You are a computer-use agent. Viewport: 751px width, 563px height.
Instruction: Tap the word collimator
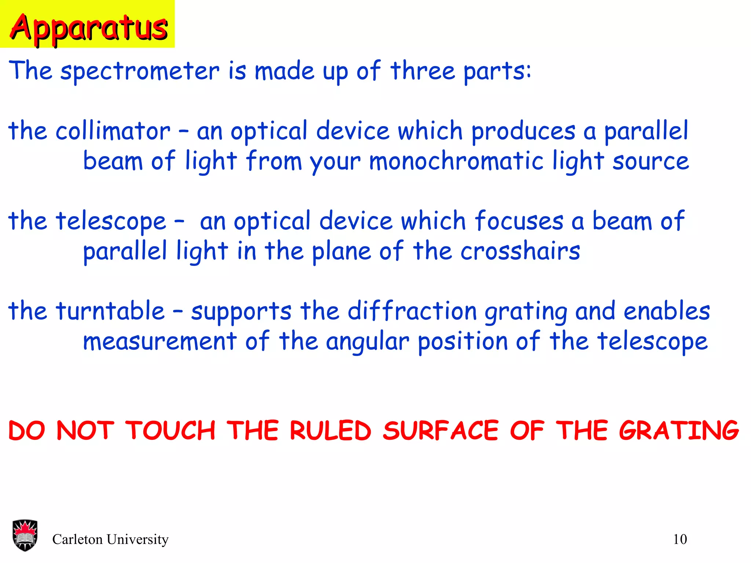113,131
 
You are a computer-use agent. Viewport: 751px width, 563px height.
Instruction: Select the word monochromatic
456,161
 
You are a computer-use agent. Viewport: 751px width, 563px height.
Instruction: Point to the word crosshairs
520,251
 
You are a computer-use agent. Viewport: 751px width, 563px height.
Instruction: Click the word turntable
110,311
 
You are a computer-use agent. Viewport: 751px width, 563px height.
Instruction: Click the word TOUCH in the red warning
170,431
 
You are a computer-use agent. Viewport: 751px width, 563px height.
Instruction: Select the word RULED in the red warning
330,431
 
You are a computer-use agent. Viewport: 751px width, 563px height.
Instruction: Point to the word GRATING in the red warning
679,431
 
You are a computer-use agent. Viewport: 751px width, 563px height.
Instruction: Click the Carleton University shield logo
25,535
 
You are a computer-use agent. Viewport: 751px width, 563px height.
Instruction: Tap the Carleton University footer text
110,540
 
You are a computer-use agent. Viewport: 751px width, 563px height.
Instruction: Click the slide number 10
680,540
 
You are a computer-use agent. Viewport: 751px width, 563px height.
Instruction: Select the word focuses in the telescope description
519,221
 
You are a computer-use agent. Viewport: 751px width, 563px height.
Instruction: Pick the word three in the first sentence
422,71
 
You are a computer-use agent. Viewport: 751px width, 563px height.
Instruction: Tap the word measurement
160,342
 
